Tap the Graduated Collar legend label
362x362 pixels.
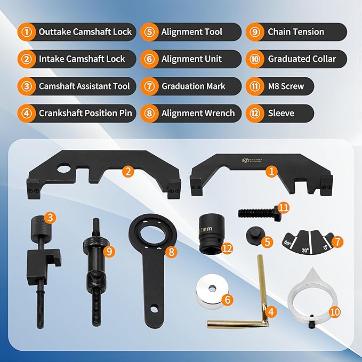coord(302,59)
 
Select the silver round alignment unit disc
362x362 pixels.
coord(212,290)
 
